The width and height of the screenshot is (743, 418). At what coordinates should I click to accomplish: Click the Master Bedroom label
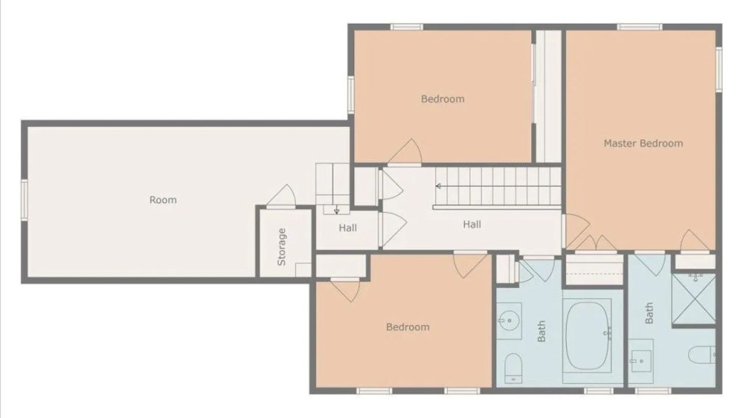(x=643, y=144)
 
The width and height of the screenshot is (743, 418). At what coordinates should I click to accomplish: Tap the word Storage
(x=282, y=246)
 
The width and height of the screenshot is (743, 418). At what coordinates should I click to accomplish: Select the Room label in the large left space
(x=163, y=200)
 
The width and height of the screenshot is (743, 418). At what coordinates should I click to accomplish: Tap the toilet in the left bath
(x=513, y=366)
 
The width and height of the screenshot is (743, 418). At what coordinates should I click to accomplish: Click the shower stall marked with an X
(x=694, y=298)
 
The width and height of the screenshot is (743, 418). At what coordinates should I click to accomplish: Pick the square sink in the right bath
(x=641, y=359)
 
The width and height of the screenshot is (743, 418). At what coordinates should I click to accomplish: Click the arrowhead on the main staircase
(x=438, y=187)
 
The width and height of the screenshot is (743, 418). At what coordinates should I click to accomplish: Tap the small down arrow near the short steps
(x=336, y=210)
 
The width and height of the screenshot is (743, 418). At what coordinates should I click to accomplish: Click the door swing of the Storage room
(x=282, y=196)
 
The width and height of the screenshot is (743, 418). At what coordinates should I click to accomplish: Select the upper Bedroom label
(x=443, y=99)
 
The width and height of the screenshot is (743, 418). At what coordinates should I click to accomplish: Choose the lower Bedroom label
(x=408, y=327)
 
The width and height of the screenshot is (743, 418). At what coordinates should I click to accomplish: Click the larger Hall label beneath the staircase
(x=472, y=224)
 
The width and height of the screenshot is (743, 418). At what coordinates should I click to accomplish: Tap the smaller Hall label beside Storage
(x=348, y=228)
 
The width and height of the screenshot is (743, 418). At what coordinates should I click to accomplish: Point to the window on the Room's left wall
(x=24, y=200)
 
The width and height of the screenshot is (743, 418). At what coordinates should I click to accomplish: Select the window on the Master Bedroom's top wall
(x=639, y=27)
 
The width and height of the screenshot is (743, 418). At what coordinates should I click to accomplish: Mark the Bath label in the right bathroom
(x=649, y=313)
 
